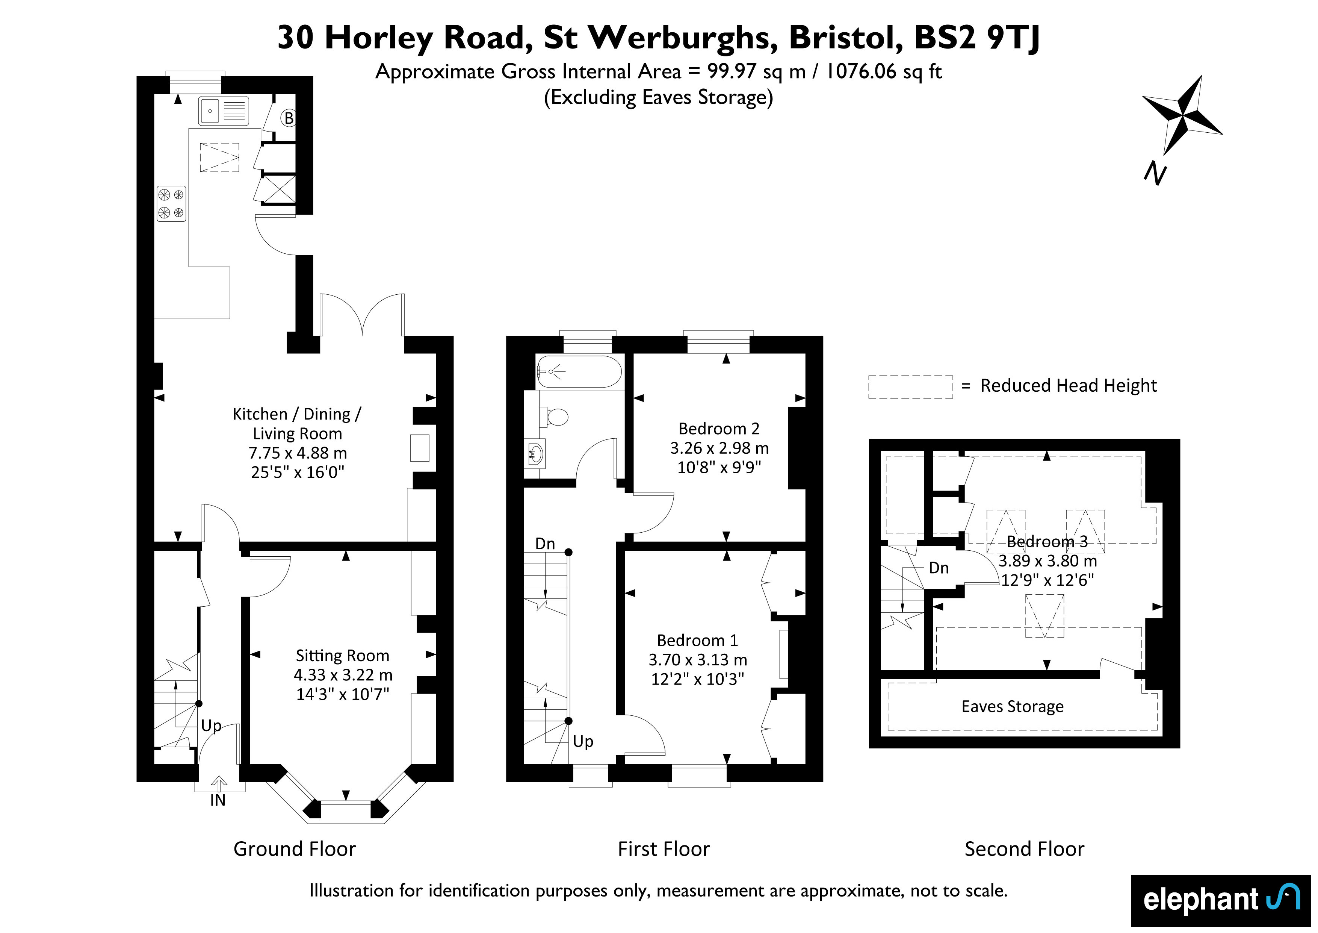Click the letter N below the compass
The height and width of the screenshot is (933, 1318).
pos(1155,174)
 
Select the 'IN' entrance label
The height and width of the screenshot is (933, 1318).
pos(218,800)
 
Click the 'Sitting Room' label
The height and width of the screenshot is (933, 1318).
pos(342,656)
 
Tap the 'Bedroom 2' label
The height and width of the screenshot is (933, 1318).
pos(719,429)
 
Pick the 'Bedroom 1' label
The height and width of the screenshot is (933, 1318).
pos(697,640)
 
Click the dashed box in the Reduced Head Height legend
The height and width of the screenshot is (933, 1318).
pos(910,387)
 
